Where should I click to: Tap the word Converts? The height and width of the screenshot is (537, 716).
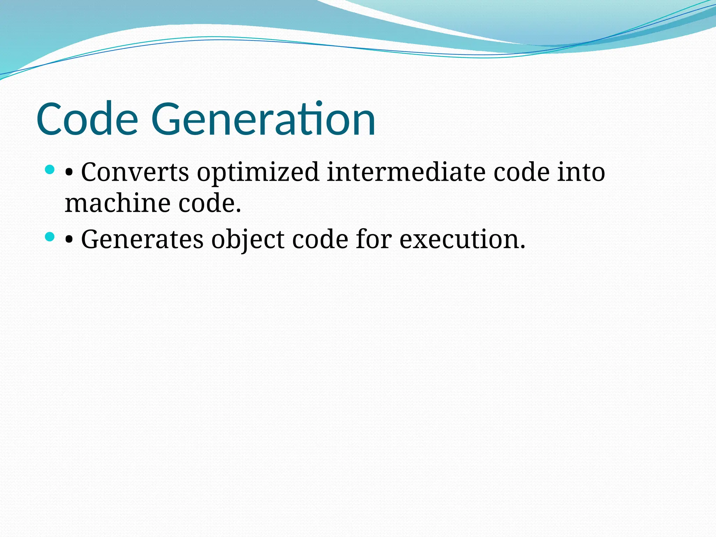135,172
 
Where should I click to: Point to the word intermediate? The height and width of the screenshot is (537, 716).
406,172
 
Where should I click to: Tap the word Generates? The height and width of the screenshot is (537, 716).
142,239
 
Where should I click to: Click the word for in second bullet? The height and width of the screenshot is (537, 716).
373,239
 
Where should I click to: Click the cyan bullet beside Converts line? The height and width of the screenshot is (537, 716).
50,170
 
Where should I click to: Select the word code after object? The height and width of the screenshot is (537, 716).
320,239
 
